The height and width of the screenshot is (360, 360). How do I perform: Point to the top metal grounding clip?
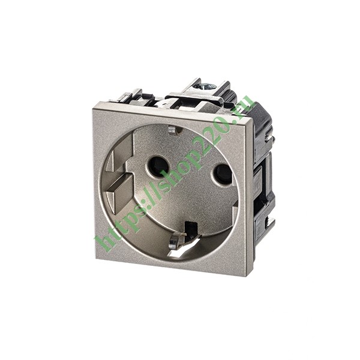tap(173, 130)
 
